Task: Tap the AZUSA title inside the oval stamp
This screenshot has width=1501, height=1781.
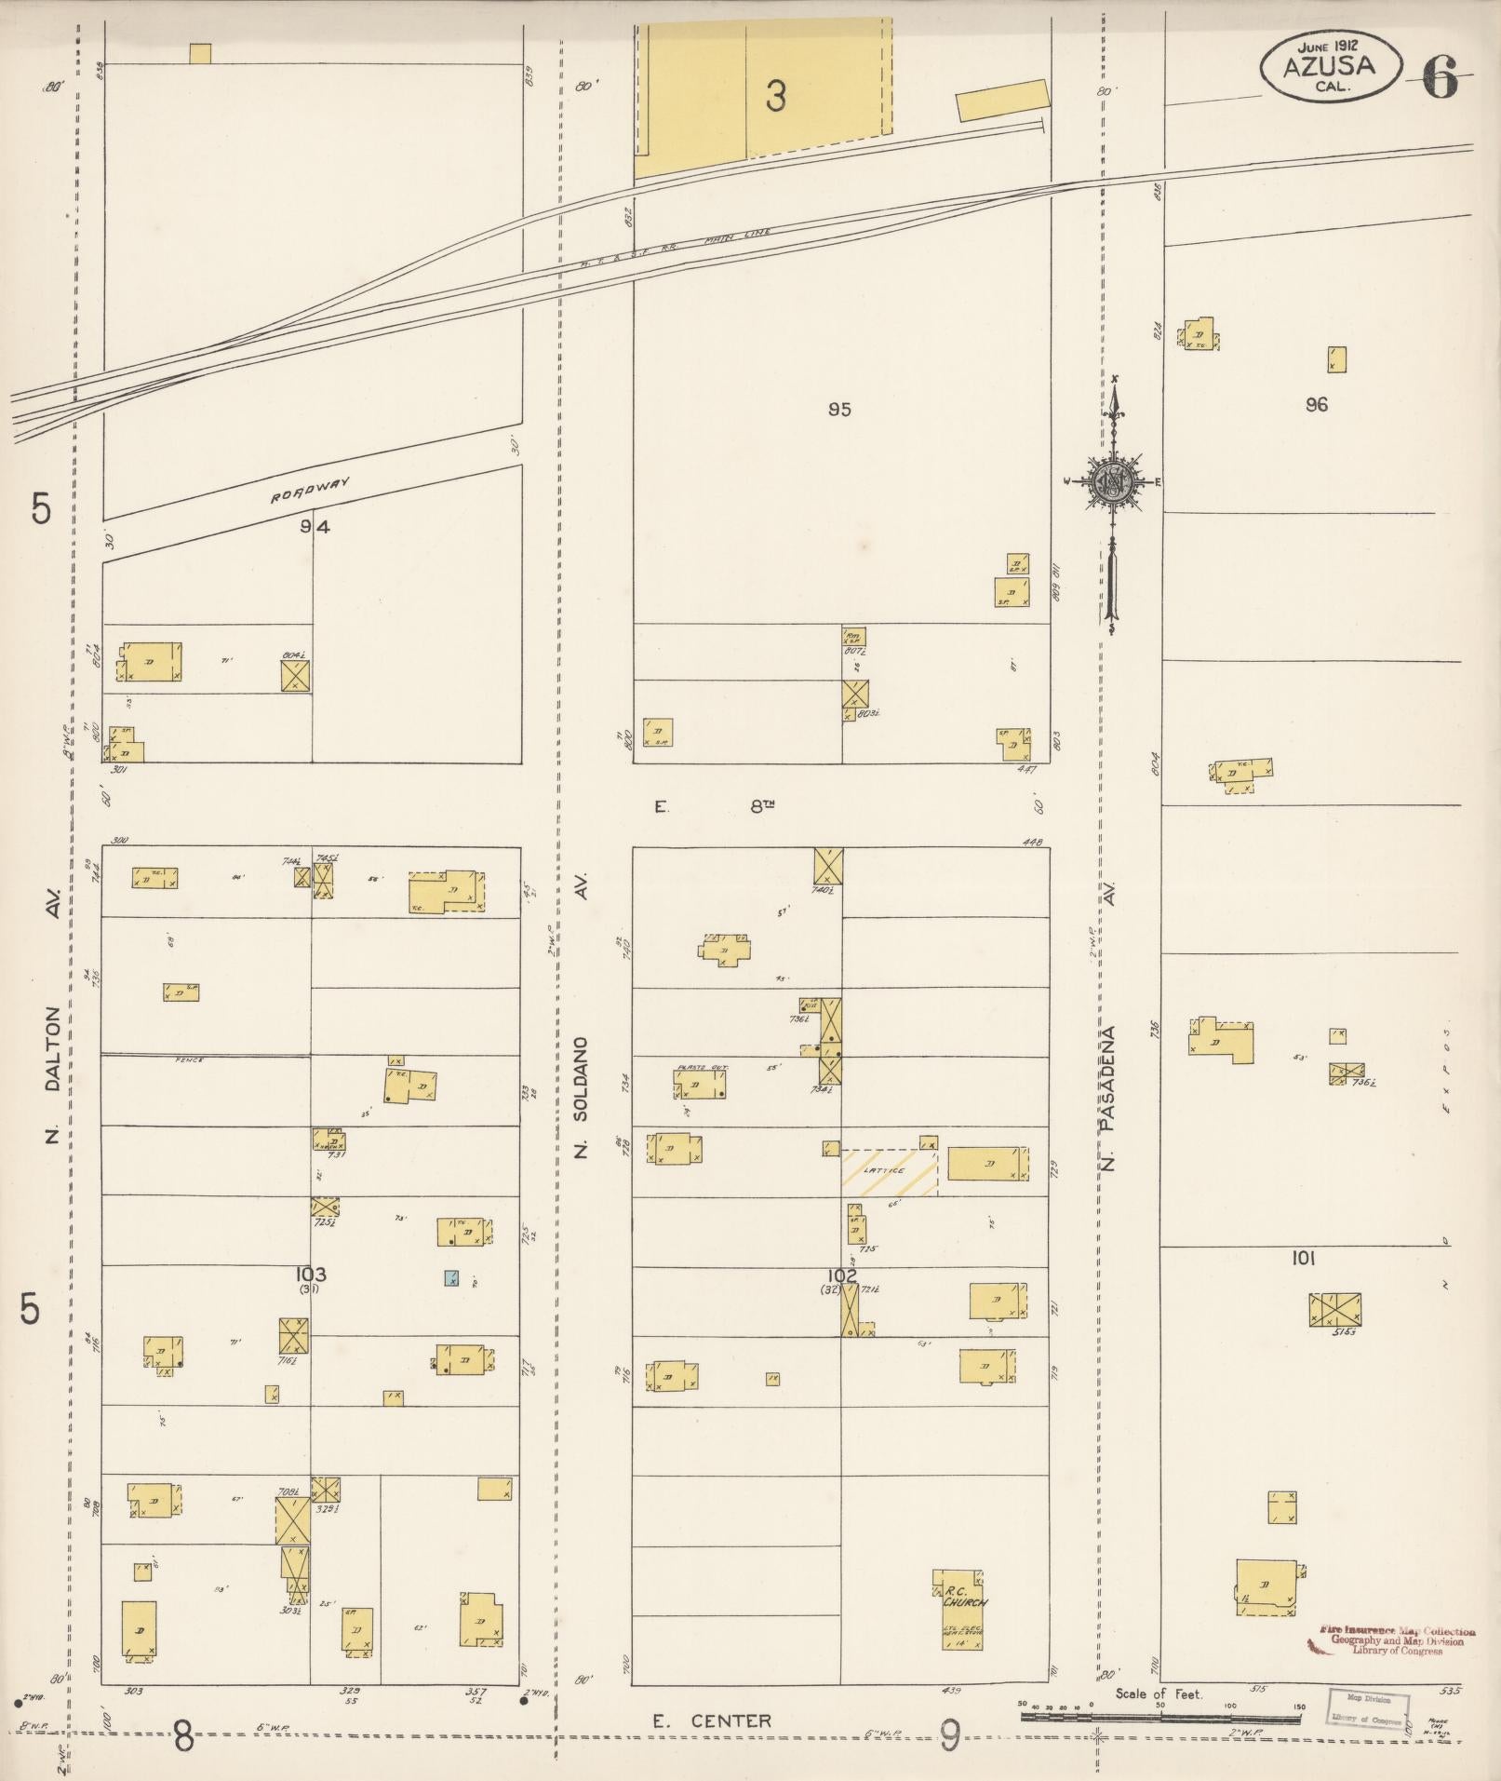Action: coord(1328,66)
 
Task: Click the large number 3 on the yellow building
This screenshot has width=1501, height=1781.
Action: coord(775,95)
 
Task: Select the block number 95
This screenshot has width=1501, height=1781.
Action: coord(839,409)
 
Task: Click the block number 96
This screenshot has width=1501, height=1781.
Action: coord(1316,404)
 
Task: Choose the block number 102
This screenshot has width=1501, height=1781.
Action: coord(841,1275)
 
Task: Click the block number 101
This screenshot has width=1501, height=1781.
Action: coord(1303,1259)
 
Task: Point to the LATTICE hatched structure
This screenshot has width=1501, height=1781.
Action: coord(889,1171)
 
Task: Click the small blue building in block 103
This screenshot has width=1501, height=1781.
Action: coord(451,1278)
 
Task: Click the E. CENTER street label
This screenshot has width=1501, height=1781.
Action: coord(711,1720)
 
